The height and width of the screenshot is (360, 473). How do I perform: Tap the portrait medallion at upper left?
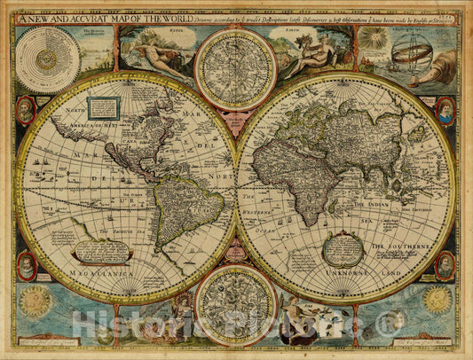coord(26,110)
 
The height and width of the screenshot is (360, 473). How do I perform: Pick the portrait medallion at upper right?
coord(445,110)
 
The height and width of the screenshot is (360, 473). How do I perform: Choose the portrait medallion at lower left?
coord(28,264)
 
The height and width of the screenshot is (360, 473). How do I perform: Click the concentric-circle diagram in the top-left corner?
coord(47,59)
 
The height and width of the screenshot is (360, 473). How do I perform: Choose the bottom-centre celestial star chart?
coord(235,304)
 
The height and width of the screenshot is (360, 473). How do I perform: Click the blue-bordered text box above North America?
coord(104,108)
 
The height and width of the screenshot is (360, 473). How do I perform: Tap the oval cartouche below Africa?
coord(342,249)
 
